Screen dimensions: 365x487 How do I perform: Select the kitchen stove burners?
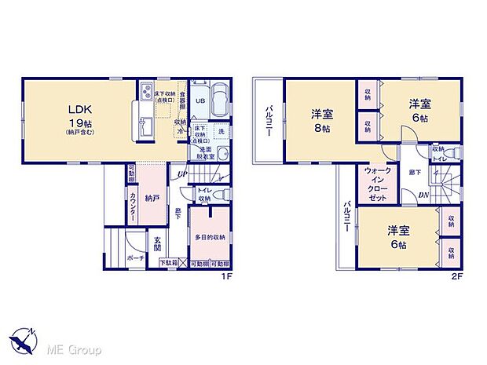pos(147,95)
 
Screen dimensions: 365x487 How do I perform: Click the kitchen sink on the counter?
pos(147,126)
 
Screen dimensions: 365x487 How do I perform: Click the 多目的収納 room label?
pos(211,236)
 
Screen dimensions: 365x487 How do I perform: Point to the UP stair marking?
pos(183,174)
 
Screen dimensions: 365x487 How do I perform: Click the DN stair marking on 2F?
pos(423,195)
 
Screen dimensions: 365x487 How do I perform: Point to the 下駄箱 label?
pos(168,264)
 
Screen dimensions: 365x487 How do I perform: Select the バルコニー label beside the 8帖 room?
pos(268,121)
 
